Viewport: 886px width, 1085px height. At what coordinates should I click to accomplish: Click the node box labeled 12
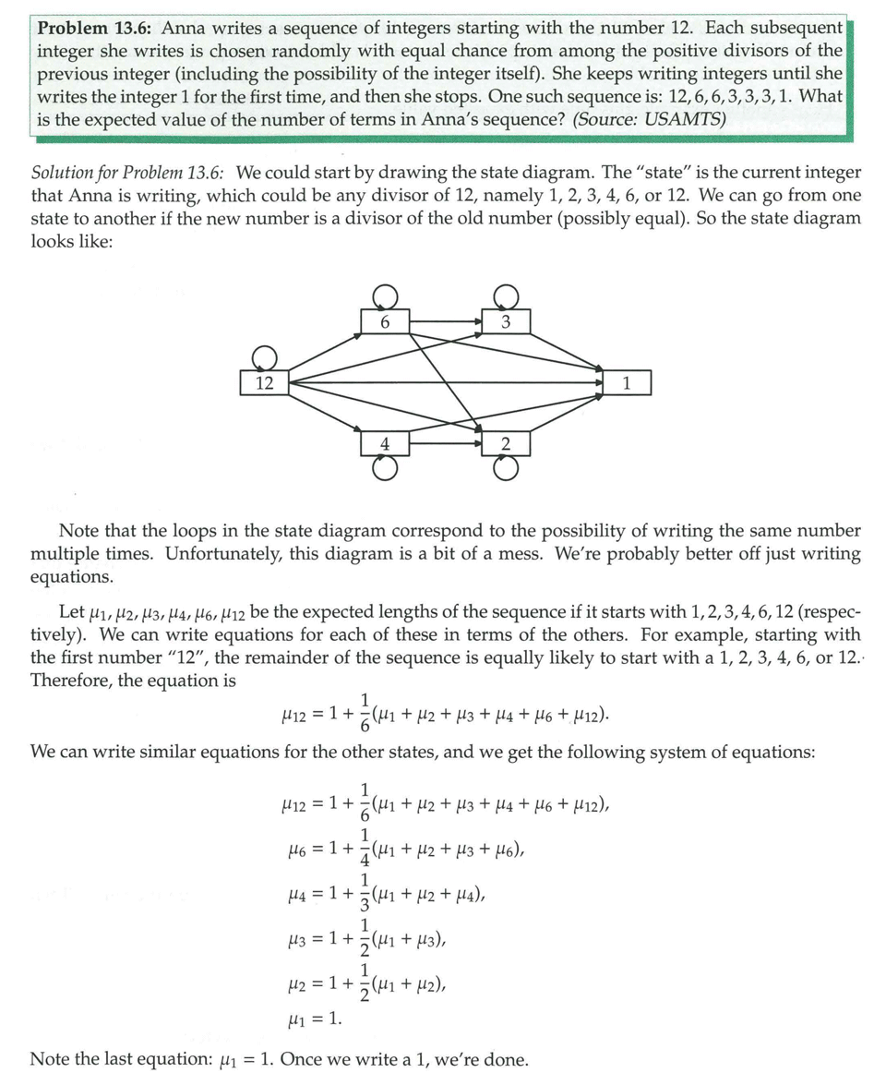coord(265,382)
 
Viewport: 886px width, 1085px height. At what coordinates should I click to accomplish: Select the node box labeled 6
coord(385,322)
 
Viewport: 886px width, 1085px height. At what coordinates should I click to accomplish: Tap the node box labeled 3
coord(506,322)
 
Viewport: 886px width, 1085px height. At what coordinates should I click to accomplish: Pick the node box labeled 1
coord(627,382)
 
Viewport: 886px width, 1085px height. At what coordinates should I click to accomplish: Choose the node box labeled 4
coord(385,443)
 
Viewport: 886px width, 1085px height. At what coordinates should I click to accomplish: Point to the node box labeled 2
coord(506,443)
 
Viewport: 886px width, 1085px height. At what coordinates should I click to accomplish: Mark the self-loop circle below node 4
coord(385,468)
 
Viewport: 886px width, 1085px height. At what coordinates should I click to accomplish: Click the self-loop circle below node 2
coord(506,468)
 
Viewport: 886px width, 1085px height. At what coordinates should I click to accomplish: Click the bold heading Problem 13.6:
coord(95,28)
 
